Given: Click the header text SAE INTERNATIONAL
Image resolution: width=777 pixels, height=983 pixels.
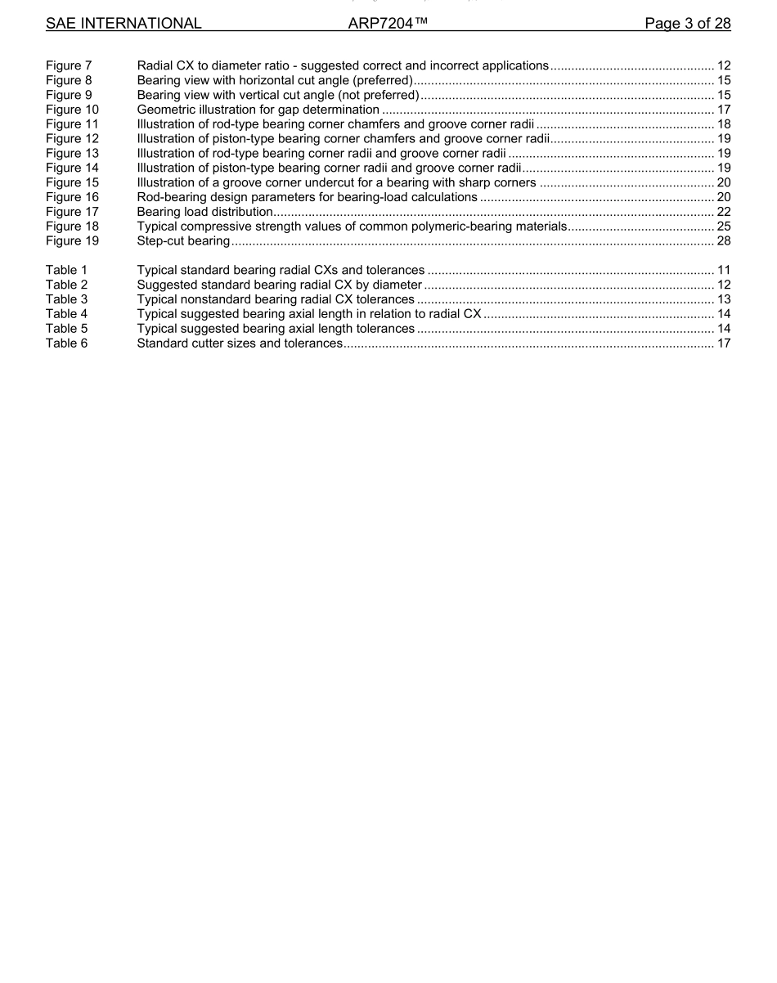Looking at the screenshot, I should tap(124, 24).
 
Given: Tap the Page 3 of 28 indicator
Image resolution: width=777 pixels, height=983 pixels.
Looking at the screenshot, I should tap(687, 24).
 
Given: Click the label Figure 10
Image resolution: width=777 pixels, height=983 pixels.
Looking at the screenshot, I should tap(72, 110).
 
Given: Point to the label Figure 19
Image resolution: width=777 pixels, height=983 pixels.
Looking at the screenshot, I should tap(72, 241).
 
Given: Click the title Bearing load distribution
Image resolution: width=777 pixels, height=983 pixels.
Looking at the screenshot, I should tap(204, 212).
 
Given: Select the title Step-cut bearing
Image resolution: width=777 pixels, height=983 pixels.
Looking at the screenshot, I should tap(183, 241).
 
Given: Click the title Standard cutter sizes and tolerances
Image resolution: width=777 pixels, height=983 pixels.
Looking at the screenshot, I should tap(240, 343).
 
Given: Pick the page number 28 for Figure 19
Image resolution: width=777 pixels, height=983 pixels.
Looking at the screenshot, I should tap(723, 241).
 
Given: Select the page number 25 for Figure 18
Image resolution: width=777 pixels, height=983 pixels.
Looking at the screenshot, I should tap(723, 227).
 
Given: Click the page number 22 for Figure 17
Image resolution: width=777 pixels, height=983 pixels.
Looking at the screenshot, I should tap(723, 212).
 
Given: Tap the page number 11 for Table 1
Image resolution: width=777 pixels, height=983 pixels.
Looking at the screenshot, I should tap(723, 270).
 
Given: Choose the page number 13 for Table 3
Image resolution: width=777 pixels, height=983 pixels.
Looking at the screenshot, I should tap(723, 299).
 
